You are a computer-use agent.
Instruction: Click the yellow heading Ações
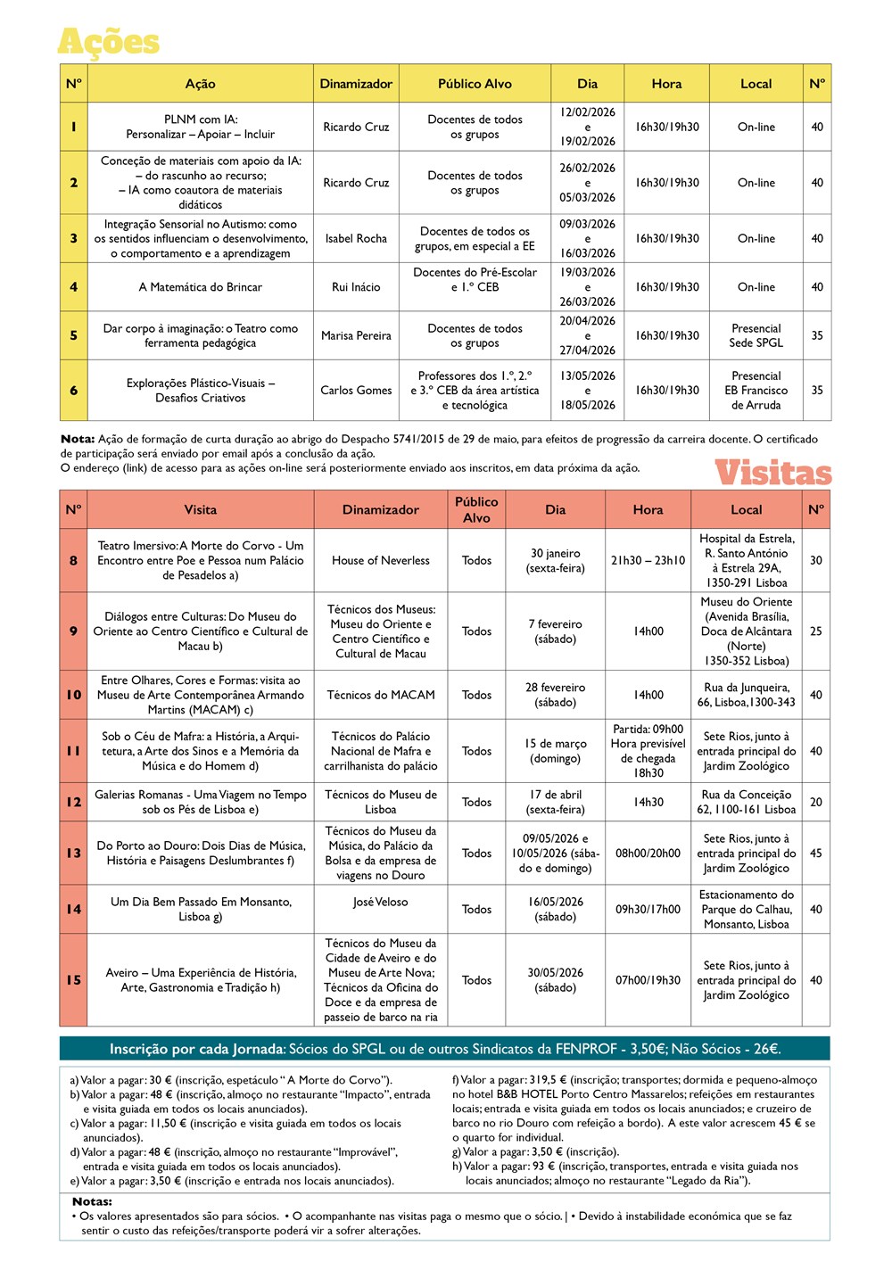click(x=108, y=43)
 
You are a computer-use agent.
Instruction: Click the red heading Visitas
click(x=772, y=473)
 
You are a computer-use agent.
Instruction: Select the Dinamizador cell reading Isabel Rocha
click(x=356, y=238)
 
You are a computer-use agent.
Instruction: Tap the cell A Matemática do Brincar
click(x=200, y=287)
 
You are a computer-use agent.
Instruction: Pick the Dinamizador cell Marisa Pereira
click(x=356, y=335)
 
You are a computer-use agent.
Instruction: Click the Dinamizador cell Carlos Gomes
click(x=356, y=390)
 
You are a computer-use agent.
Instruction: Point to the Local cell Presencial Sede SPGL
click(x=756, y=335)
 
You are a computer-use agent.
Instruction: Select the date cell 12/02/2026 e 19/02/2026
click(x=587, y=127)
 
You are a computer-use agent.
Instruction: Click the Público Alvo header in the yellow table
click(x=475, y=84)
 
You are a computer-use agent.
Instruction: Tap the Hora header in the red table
click(x=648, y=509)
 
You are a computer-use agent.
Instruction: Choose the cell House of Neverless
click(x=380, y=560)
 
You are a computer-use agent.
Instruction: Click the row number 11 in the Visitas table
click(x=73, y=751)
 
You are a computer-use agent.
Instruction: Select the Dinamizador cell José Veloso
click(x=380, y=902)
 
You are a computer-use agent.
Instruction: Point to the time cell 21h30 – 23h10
click(x=648, y=560)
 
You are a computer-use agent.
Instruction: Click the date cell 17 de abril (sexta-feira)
click(x=555, y=802)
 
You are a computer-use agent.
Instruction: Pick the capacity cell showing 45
click(x=815, y=853)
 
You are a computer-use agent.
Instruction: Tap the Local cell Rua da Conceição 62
click(x=746, y=802)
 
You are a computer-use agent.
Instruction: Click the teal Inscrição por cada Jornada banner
click(x=444, y=1049)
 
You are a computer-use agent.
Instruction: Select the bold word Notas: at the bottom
click(x=92, y=1201)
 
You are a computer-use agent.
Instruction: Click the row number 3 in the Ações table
click(x=73, y=238)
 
